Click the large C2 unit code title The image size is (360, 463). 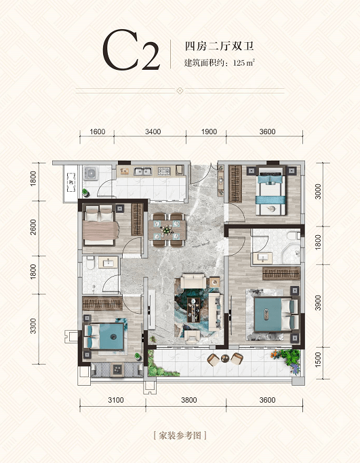coord(132,50)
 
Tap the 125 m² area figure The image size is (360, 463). coord(243,62)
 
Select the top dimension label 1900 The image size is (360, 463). coord(209,132)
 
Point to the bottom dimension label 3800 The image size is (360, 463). coord(189,400)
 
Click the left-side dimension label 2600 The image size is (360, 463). coord(33,227)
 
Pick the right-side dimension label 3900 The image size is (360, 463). coord(318,302)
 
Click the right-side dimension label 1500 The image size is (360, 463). coord(318,360)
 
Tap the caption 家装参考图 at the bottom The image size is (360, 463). coord(180,435)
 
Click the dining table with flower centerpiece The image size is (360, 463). coord(167,230)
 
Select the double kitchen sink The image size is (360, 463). coord(143,172)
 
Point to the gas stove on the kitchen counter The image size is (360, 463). coord(164,171)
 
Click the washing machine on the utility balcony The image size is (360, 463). coord(91,174)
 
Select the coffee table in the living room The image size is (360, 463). coord(194,309)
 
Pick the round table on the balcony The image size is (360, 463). coord(225,359)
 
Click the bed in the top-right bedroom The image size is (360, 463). coord(271,191)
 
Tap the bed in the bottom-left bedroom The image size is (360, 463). coord(104,337)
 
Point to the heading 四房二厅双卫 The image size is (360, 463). coord(219,47)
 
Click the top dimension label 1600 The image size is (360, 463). coord(97,132)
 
